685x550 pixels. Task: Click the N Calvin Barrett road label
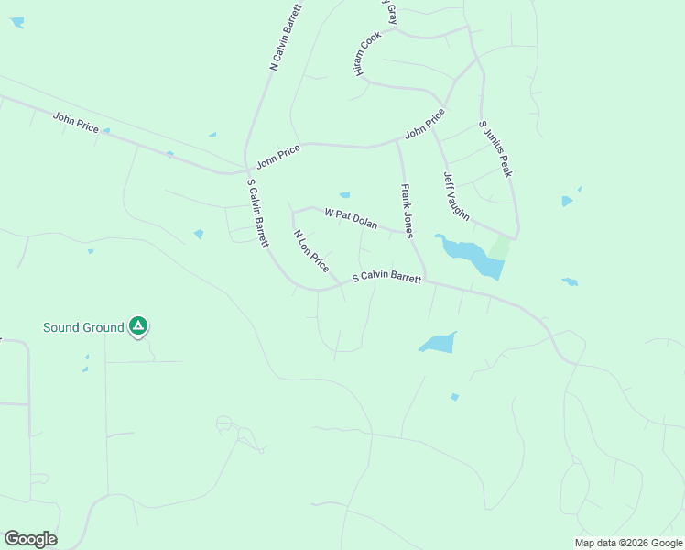(286, 37)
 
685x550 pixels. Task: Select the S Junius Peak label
(494, 148)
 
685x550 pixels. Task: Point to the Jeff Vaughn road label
(456, 196)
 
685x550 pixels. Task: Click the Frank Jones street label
(408, 211)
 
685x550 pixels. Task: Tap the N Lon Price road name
(311, 249)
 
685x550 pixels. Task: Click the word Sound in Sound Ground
(64, 327)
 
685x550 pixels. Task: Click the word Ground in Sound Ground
(104, 327)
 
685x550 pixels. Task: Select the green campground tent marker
(137, 325)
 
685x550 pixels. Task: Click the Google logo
(30, 539)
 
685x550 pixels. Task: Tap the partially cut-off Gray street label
(391, 12)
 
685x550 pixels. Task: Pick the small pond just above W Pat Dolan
(344, 194)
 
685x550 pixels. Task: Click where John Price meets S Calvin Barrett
(246, 170)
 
